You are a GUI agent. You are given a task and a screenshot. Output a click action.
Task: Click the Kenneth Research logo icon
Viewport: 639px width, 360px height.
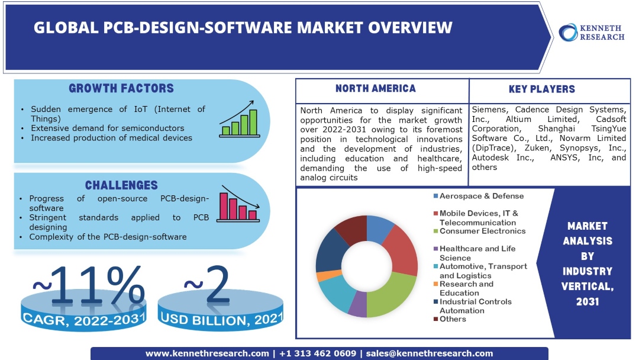coord(569,32)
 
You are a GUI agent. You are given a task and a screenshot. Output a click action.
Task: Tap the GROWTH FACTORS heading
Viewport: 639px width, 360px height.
coord(121,89)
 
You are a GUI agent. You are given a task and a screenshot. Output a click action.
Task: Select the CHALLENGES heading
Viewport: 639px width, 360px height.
coord(121,185)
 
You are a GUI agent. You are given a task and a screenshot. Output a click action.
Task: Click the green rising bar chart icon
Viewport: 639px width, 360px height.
coord(238,122)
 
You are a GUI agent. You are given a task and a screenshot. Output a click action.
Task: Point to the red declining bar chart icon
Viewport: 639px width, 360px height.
coord(238,204)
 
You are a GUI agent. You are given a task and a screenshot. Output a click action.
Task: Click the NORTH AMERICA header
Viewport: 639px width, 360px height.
coord(375,89)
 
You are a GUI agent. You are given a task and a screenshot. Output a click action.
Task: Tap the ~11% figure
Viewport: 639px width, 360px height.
coord(88,286)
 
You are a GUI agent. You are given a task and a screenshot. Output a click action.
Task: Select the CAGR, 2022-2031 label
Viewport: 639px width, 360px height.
coord(83,320)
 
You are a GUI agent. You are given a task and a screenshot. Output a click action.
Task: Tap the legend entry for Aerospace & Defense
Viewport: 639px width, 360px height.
coord(481,196)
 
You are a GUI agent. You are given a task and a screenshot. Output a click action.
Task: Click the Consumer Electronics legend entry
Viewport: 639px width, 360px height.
coord(482,231)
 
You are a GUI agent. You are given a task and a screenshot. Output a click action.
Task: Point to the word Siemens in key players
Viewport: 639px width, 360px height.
coord(490,110)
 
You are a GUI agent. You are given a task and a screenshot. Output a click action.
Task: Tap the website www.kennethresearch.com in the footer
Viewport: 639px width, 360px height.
coord(207,353)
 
